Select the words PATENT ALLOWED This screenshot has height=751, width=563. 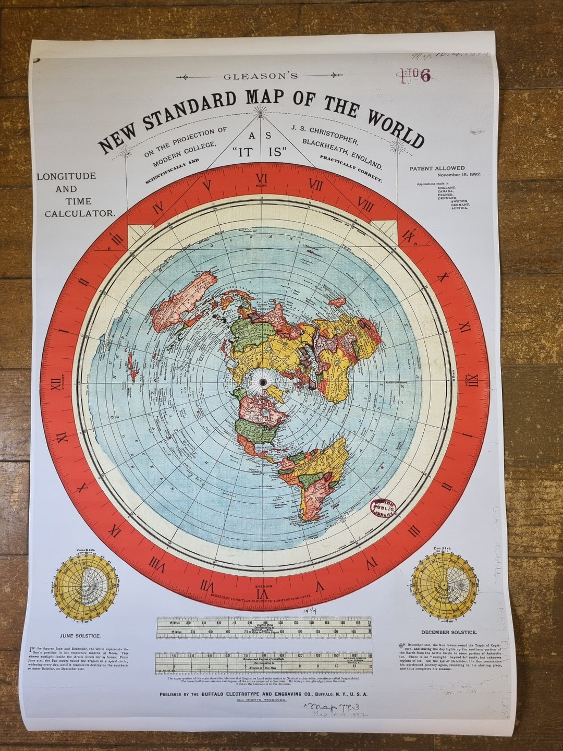437,168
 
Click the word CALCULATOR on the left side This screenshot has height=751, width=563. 79,213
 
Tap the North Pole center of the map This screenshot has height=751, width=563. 263,382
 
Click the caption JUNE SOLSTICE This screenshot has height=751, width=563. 80,636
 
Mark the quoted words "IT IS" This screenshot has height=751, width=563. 260,153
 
